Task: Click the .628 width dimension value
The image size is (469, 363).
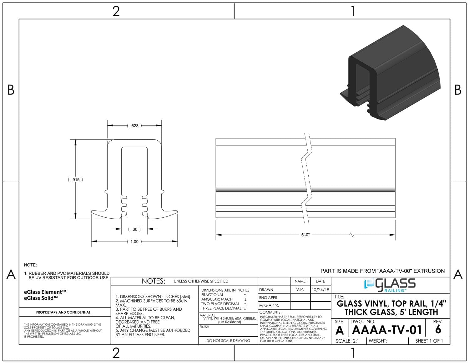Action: coord(134,126)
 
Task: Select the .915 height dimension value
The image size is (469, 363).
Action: coord(75,179)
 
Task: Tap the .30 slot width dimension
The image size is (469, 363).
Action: coord(134,229)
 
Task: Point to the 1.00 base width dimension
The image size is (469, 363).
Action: coord(134,241)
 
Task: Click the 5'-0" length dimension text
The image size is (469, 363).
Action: coord(305,235)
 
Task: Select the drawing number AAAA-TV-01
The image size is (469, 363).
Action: coord(387,330)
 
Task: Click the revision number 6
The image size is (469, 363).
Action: coord(438,329)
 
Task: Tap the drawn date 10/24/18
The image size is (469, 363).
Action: coord(320,290)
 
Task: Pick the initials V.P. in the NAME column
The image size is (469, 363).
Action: coord(300,289)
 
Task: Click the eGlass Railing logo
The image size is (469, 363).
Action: coord(390,285)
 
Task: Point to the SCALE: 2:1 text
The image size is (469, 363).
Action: coord(347,341)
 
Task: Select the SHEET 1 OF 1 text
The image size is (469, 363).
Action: coord(429,341)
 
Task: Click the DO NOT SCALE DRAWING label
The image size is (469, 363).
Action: coord(228,341)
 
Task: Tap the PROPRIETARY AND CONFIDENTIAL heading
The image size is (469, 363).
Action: coord(63,312)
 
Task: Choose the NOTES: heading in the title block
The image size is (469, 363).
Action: coord(154,281)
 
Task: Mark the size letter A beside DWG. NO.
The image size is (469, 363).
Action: coord(340,330)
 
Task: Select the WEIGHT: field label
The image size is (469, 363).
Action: coord(378,341)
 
